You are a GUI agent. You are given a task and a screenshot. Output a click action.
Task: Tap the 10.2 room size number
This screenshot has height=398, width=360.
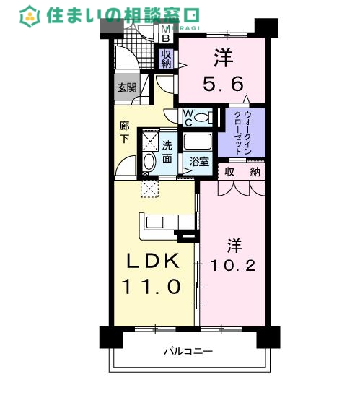tap(232, 265)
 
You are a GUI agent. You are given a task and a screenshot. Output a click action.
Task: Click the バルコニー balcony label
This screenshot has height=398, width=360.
tap(188, 352)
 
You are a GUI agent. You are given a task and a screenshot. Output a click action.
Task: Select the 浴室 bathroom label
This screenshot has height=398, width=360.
tap(199, 163)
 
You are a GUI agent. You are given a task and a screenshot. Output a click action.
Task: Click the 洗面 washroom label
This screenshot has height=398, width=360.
tap(167, 150)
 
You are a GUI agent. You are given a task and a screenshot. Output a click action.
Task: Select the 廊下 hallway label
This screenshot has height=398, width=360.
tap(124, 131)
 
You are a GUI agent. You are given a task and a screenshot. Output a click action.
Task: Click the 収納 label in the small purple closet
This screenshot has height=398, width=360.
tap(166, 58)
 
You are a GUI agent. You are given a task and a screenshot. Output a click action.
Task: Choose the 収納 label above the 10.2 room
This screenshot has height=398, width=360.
tap(242, 171)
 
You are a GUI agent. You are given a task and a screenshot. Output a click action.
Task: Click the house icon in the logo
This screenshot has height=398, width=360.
tap(30, 14)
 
